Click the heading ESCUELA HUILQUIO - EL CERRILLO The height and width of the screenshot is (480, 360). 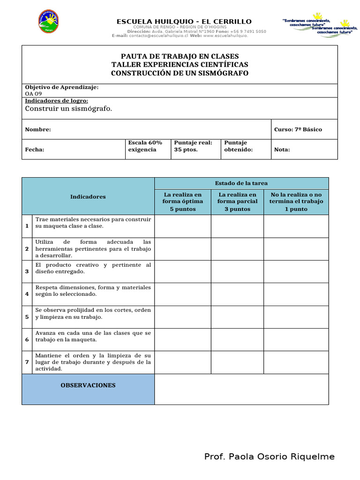point(184,22)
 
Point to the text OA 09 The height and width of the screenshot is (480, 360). point(34,94)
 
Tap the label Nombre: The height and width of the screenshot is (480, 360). point(38,129)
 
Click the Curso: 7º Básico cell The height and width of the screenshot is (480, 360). point(298,129)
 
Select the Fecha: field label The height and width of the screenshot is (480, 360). point(35,150)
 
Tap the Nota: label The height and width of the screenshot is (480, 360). point(282,150)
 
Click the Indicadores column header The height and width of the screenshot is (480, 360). point(88,197)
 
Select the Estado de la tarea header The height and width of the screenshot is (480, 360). point(241,183)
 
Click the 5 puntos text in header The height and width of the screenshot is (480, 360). point(183,209)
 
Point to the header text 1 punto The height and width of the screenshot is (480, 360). point(296,209)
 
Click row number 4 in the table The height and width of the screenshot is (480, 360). point(27,294)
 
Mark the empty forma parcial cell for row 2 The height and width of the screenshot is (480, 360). point(237,249)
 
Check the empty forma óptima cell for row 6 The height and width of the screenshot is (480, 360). point(183,339)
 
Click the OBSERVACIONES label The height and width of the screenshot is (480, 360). point(88,385)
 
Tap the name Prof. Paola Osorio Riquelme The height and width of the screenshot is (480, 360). point(270,457)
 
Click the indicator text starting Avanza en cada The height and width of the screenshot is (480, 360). point(93,336)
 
